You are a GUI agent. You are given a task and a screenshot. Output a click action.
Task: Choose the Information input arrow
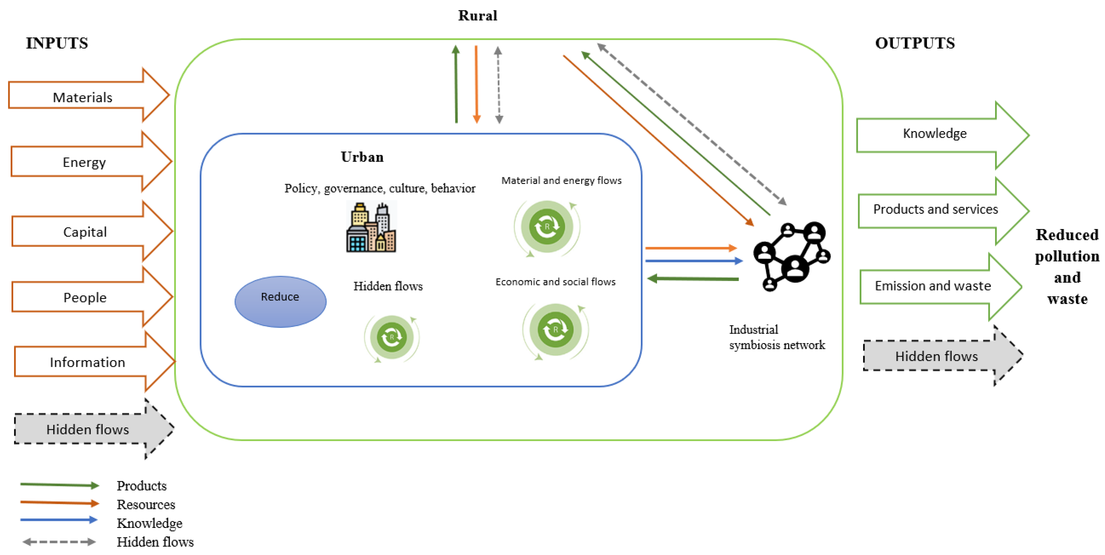pyautogui.click(x=88, y=362)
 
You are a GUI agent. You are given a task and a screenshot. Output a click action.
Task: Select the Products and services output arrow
pyautogui.click(x=936, y=210)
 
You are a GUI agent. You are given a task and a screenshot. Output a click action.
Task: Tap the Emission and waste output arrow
pyautogui.click(x=933, y=286)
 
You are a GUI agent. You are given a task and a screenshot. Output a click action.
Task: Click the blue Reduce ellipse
pyautogui.click(x=280, y=301)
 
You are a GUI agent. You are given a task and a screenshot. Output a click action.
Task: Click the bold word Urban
pyautogui.click(x=362, y=157)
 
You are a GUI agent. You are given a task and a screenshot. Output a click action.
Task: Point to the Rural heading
pyautogui.click(x=477, y=16)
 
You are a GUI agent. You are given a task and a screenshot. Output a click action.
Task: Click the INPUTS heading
pyautogui.click(x=57, y=43)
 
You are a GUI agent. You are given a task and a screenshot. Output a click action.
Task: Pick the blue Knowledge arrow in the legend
pyautogui.click(x=59, y=520)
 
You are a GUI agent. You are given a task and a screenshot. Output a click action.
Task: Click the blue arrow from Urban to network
pyautogui.click(x=693, y=261)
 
